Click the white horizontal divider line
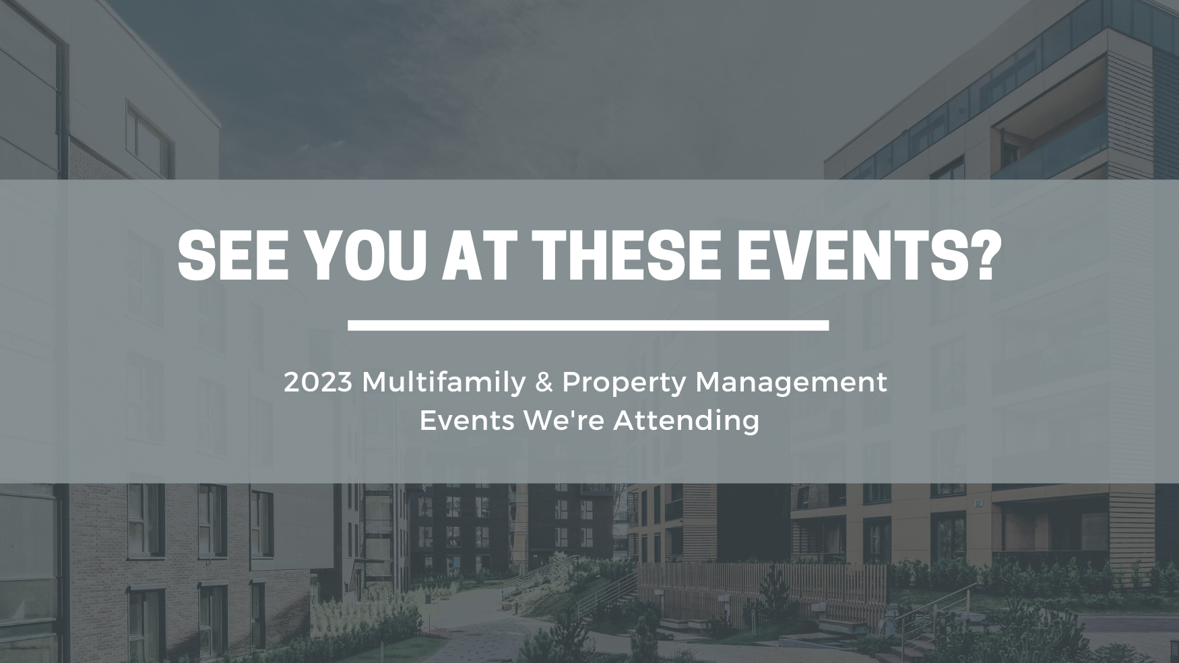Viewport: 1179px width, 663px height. click(x=588, y=325)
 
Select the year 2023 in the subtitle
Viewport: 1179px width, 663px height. click(x=318, y=383)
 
